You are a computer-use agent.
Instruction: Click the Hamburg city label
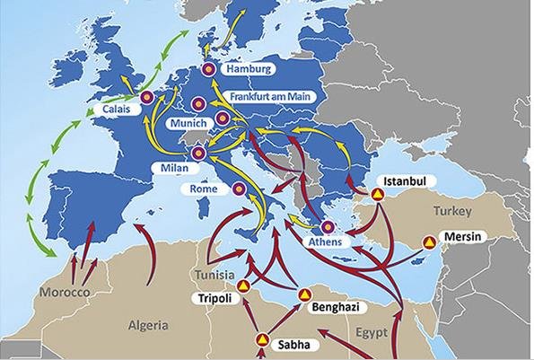coord(249,69)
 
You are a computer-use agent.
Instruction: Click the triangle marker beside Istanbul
coord(379,193)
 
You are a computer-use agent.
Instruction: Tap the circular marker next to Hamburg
coord(210,69)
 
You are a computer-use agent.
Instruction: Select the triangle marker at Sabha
coord(263,340)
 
